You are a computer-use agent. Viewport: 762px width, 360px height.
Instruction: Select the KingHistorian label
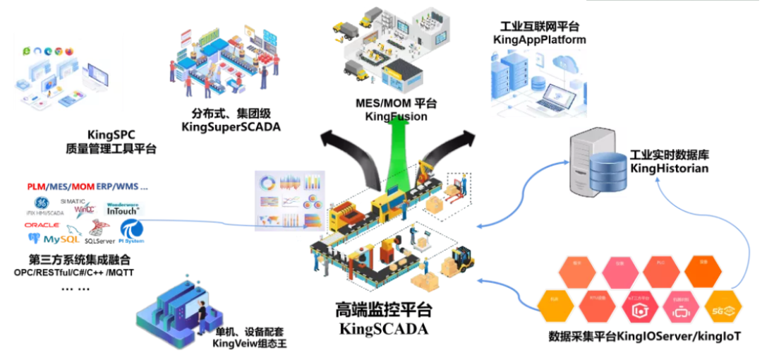click(669, 168)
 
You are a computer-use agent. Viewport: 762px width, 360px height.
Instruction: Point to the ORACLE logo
click(42, 224)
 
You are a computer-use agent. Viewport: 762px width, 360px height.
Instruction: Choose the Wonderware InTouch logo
click(123, 208)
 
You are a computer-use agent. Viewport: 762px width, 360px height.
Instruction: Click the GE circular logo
click(42, 204)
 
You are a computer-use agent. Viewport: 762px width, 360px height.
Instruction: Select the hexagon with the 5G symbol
click(725, 308)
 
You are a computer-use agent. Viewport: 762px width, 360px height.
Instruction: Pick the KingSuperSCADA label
click(231, 127)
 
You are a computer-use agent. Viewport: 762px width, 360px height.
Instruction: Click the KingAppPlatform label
click(539, 40)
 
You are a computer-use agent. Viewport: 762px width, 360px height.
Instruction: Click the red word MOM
click(83, 187)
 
